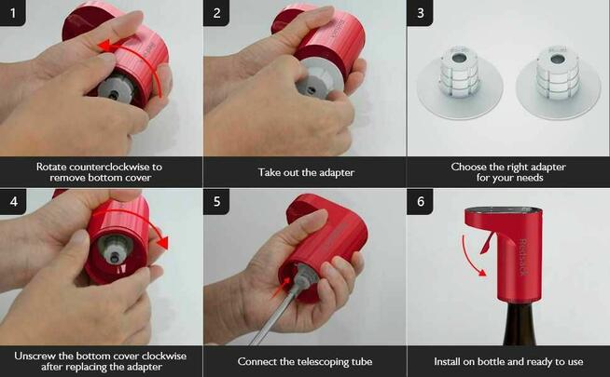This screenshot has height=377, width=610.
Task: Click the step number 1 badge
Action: click(x=12, y=13)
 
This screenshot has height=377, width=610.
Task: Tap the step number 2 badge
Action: click(x=216, y=13)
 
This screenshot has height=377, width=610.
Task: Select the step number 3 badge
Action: click(x=420, y=13)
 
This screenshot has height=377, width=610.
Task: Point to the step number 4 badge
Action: click(x=13, y=201)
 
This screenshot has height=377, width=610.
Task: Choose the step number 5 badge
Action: click(x=216, y=201)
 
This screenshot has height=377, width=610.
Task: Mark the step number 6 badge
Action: click(x=420, y=201)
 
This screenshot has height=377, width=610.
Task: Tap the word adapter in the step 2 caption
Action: click(x=336, y=173)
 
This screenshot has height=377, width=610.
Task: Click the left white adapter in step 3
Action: click(x=460, y=82)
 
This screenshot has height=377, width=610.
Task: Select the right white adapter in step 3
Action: click(x=559, y=82)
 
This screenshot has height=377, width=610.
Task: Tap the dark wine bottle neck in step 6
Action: click(x=520, y=325)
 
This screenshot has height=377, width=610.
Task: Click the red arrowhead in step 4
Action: click(x=163, y=243)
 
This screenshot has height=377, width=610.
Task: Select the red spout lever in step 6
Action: click(x=487, y=243)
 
